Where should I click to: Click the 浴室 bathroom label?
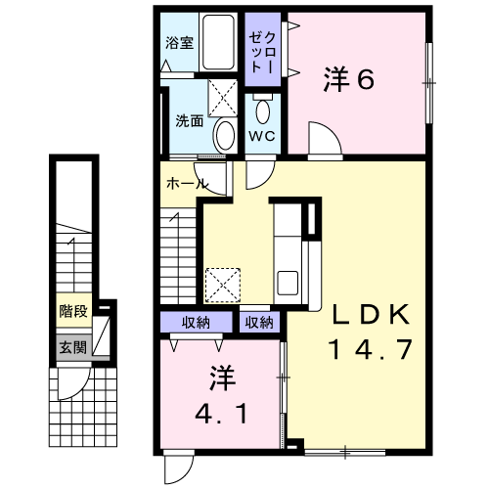tap(179, 43)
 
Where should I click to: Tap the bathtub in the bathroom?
tap(218, 42)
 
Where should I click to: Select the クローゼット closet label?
tap(262, 53)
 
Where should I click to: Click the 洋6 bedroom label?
tap(349, 79)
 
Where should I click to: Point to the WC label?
tap(262, 136)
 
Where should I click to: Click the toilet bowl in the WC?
tap(263, 111)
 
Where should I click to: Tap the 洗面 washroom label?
tap(190, 121)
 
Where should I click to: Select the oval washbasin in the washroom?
tap(225, 136)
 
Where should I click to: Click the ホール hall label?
tap(188, 184)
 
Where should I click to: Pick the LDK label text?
tap(371, 314)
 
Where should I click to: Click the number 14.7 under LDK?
tap(371, 349)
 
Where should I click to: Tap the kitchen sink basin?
tap(288, 283)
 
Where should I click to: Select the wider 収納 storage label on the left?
tap(196, 323)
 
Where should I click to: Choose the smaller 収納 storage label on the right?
tap(259, 323)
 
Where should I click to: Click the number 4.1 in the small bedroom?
tap(221, 414)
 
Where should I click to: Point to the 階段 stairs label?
tap(73, 311)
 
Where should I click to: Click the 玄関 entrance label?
tap(73, 347)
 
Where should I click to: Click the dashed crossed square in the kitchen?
tap(223, 286)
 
